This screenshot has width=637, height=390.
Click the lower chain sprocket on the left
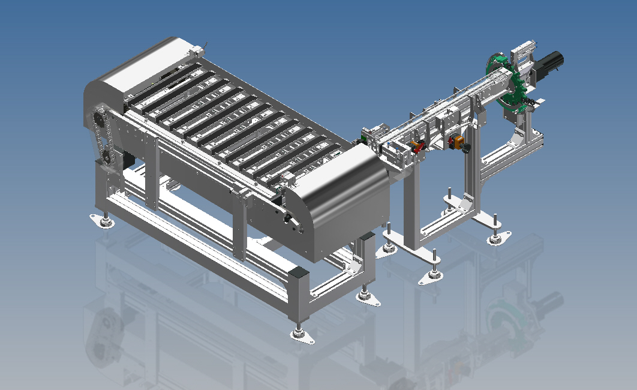pos(106,157)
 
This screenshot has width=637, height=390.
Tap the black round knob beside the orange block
pos(467,147)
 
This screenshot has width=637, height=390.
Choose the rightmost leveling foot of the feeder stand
pos(495,239)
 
